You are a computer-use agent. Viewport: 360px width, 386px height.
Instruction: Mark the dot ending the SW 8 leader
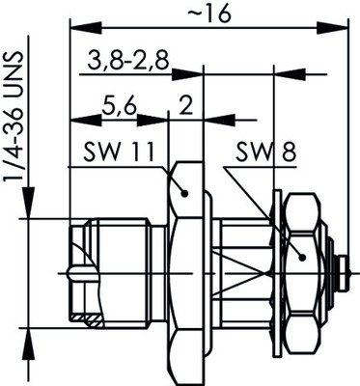click(303, 257)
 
